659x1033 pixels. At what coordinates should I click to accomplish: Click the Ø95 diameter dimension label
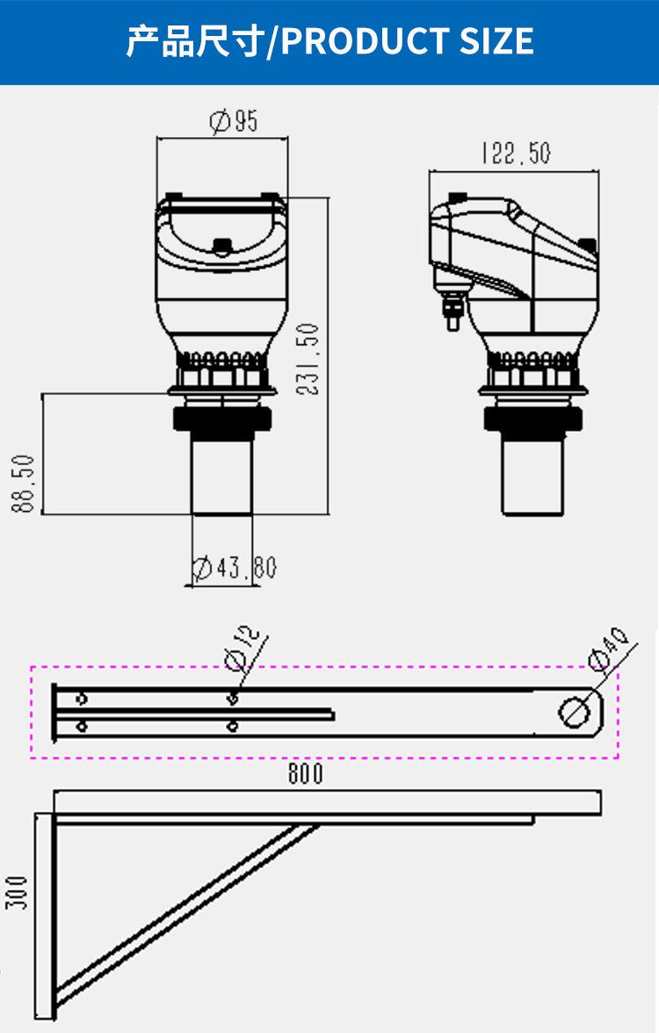click(234, 121)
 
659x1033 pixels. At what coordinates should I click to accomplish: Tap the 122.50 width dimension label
click(516, 153)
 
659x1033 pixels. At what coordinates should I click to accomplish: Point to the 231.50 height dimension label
click(308, 359)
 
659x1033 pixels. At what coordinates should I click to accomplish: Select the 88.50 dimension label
click(23, 483)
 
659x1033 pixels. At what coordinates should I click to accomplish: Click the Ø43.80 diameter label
click(235, 568)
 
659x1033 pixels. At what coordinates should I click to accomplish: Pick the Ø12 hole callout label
click(243, 648)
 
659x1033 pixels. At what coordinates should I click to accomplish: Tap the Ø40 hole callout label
click(608, 649)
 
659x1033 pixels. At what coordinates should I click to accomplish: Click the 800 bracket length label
click(306, 773)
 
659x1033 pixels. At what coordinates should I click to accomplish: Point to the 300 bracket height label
click(18, 893)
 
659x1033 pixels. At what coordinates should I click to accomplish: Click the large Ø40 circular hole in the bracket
click(575, 712)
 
